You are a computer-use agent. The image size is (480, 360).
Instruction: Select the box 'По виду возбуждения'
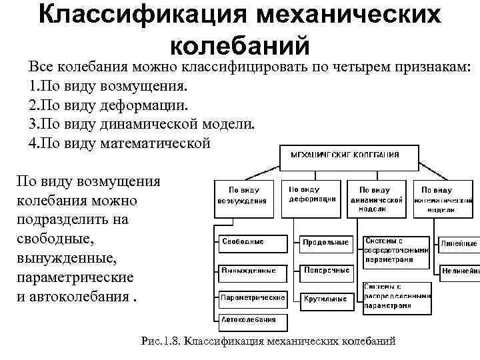(x=243, y=195)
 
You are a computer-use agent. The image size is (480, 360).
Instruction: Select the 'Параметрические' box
(x=252, y=297)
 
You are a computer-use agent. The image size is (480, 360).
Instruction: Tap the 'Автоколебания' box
(x=252, y=319)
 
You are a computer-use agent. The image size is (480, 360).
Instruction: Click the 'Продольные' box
(x=326, y=243)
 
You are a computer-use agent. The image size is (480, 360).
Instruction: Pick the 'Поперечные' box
(x=326, y=271)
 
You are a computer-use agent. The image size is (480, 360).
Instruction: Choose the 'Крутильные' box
(x=326, y=299)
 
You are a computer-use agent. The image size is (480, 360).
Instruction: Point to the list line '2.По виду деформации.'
(x=109, y=105)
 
